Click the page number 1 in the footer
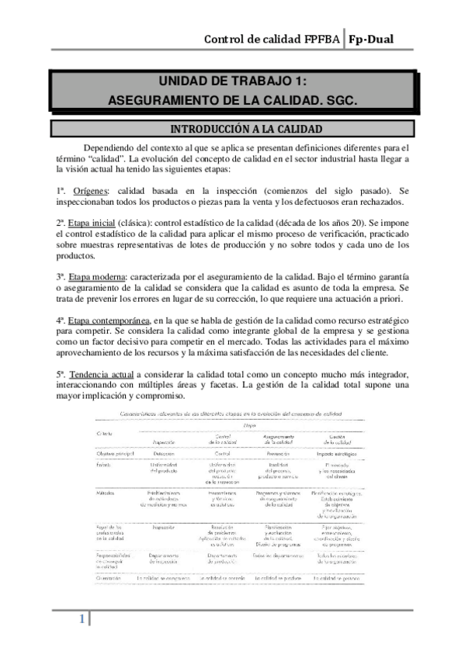80,619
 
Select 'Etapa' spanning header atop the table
249,426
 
